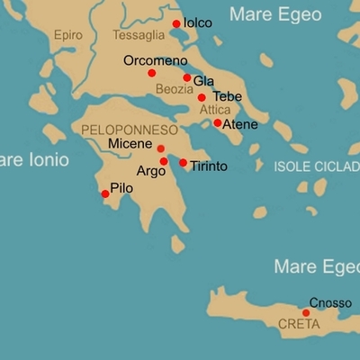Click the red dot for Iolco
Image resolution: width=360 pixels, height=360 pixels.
175,23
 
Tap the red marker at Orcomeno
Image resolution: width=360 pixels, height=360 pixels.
151,73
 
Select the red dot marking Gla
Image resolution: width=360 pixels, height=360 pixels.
187,78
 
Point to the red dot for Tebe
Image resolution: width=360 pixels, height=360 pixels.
202,97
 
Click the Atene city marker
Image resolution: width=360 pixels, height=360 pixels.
217,122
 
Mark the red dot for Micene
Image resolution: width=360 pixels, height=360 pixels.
161,148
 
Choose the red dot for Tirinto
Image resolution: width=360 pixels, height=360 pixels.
183,163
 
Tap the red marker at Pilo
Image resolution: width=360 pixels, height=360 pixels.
105,193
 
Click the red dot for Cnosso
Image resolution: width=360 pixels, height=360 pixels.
306,313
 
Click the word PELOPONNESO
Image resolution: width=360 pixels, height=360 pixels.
130,130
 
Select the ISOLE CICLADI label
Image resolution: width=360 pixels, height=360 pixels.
316,167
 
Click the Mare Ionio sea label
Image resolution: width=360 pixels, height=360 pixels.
27,161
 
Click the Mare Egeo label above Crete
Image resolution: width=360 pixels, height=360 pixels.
314,266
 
